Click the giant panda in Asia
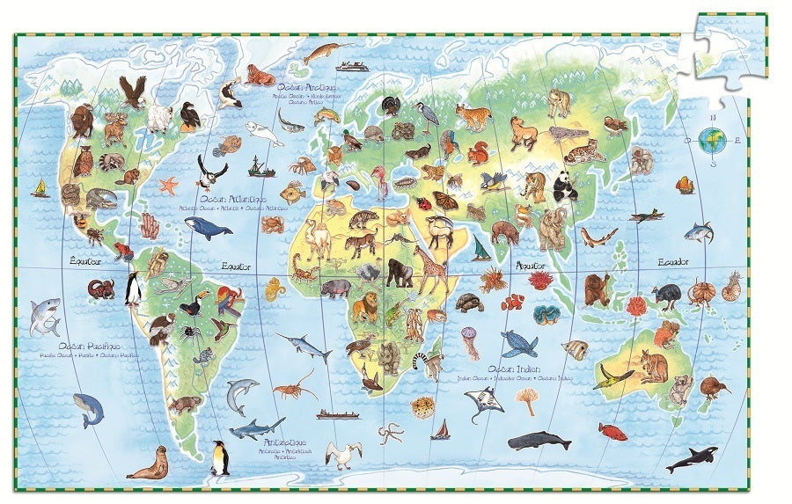(x=564, y=186)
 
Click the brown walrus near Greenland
(x=260, y=76)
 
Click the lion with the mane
(x=367, y=308)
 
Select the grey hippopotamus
(x=336, y=289)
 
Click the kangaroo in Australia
(x=652, y=365)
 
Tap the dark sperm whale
(x=539, y=440)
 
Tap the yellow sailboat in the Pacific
(x=40, y=188)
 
